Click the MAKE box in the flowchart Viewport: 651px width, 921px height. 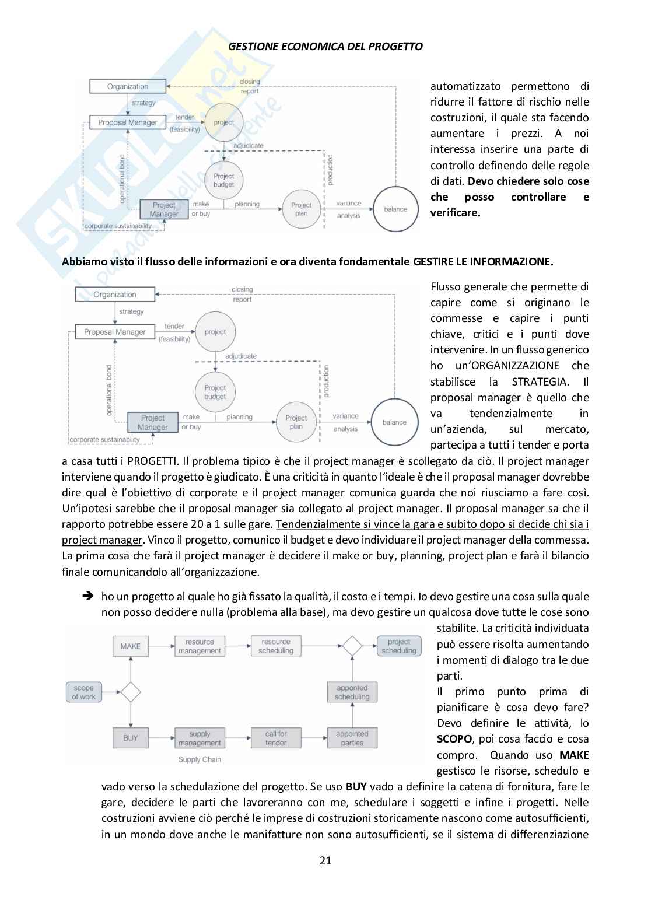pos(131,646)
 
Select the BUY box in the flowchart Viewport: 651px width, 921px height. pos(131,738)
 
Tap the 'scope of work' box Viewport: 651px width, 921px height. pos(83,692)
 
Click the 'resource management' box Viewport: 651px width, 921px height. pos(199,646)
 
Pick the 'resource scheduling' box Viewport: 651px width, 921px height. pos(276,646)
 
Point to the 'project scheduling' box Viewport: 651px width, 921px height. pos(399,646)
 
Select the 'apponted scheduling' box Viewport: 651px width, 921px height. pos(352,692)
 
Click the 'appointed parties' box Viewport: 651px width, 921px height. pos(352,738)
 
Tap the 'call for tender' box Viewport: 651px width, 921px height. pos(276,738)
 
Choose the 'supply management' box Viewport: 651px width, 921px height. pos(199,738)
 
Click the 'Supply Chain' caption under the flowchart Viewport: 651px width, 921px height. pos(199,759)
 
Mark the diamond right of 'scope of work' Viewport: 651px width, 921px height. pos(131,692)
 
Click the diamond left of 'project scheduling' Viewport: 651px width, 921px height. pos(352,646)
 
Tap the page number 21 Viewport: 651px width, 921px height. pos(325,860)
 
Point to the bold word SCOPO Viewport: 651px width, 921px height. pos(454,739)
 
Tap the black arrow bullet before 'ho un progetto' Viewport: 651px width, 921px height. pos(88,596)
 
